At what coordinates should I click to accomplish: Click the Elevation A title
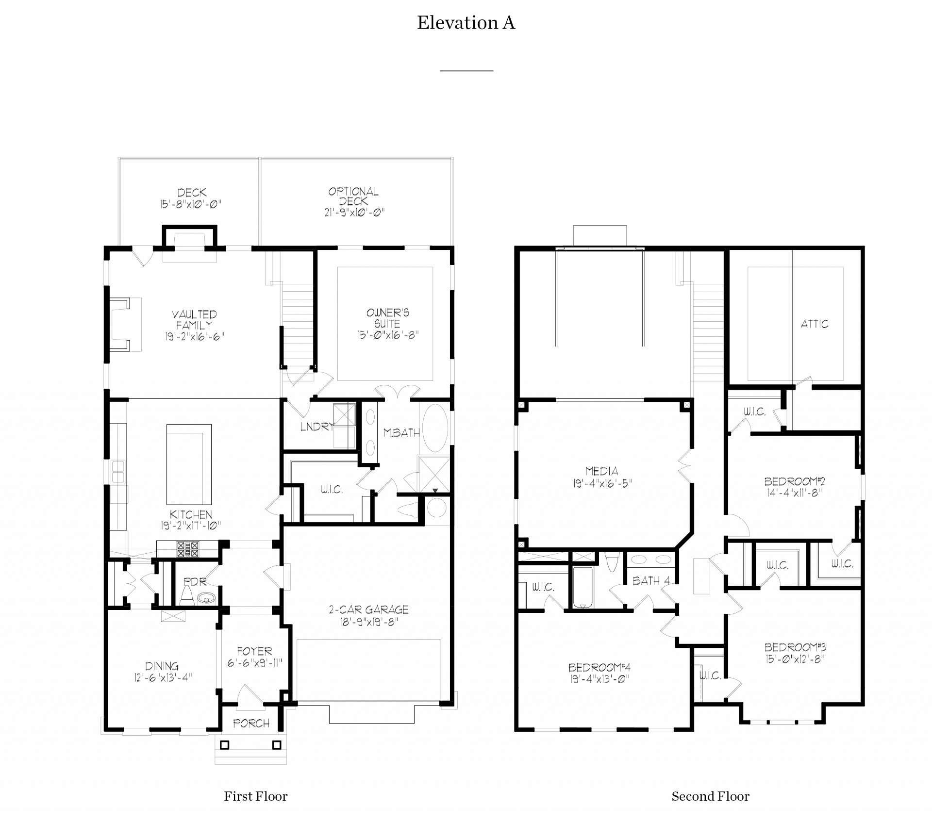(x=466, y=23)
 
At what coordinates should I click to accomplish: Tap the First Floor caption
(x=255, y=796)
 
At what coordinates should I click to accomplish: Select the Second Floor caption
(x=710, y=796)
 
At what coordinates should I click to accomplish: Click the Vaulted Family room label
(x=194, y=320)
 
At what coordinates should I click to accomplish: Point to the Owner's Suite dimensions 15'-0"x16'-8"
(x=388, y=335)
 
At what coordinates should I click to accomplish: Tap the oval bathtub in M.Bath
(x=435, y=428)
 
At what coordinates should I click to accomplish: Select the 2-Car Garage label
(x=368, y=610)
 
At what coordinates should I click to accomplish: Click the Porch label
(x=251, y=724)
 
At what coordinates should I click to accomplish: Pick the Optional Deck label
(x=353, y=196)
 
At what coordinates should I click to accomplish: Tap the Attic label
(x=814, y=324)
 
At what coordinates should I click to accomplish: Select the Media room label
(x=601, y=471)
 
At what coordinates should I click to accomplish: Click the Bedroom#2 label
(x=794, y=481)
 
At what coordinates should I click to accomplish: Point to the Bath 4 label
(x=651, y=581)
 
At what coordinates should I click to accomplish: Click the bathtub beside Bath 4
(x=582, y=587)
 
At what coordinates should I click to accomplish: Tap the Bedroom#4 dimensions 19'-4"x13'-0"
(x=599, y=679)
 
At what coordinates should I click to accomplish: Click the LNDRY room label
(x=316, y=427)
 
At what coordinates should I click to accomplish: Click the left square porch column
(x=225, y=745)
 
